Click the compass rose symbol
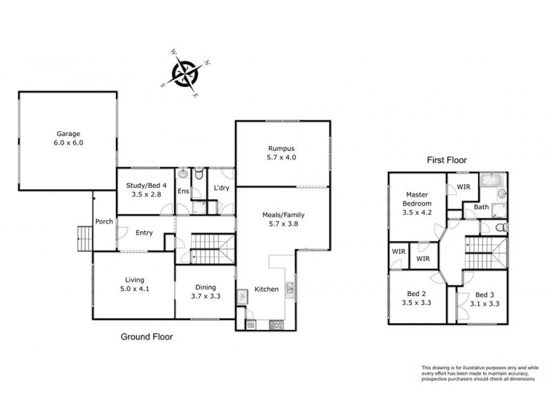click(184, 73)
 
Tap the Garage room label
click(68, 134)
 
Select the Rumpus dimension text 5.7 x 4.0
click(282, 157)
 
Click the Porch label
click(104, 221)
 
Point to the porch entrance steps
click(85, 239)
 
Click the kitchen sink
click(290, 290)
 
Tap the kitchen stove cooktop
click(277, 324)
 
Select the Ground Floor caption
click(147, 337)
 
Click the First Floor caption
click(446, 160)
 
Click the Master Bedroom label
click(417, 199)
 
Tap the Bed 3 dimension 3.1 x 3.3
click(485, 304)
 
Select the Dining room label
click(206, 287)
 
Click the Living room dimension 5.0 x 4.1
click(135, 289)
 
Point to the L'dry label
click(221, 188)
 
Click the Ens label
click(183, 191)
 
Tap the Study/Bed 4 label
click(146, 186)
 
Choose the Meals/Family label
click(284, 215)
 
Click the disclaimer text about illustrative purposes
click(480, 373)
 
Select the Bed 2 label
click(417, 294)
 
